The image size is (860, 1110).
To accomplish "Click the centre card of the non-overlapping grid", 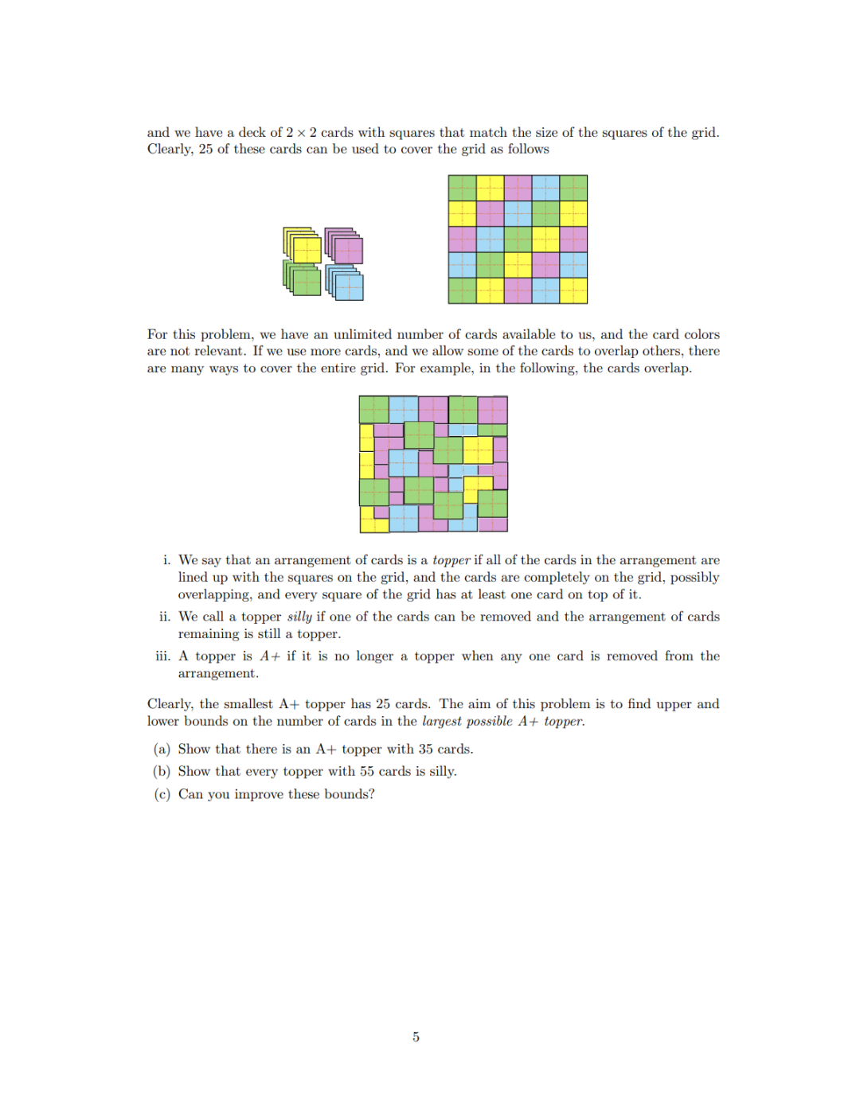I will point(518,239).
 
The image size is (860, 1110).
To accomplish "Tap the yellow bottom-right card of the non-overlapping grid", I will point(573,290).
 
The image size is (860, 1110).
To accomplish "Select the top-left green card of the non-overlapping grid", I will point(463,188).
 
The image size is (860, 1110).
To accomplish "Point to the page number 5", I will point(416,1037).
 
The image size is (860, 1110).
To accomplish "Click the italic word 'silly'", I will point(299,617).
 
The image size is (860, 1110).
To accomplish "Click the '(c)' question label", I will point(162,794).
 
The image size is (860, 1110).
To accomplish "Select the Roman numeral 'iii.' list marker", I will point(163,656).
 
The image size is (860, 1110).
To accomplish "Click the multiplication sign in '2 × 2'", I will point(301,133).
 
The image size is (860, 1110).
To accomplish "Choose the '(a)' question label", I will point(162,749).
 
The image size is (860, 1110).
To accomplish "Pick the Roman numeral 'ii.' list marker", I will point(165,617).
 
